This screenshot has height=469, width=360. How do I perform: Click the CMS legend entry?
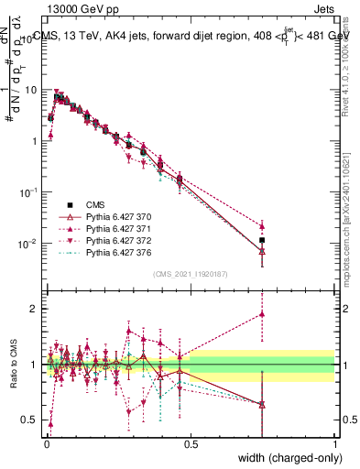[x=96, y=205]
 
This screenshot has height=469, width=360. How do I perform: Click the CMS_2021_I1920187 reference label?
[x=190, y=274]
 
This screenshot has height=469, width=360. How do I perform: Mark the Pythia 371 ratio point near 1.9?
[x=262, y=314]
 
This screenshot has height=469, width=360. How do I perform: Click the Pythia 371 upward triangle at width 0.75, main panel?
[x=262, y=225]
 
